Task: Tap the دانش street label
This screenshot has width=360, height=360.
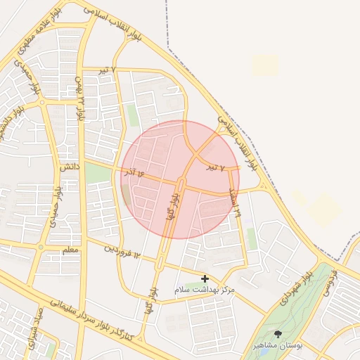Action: click(68, 169)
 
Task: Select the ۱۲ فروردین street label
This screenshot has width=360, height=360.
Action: click(123, 250)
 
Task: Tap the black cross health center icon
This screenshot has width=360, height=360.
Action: click(205, 279)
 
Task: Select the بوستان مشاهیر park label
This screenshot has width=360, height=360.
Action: click(278, 347)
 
